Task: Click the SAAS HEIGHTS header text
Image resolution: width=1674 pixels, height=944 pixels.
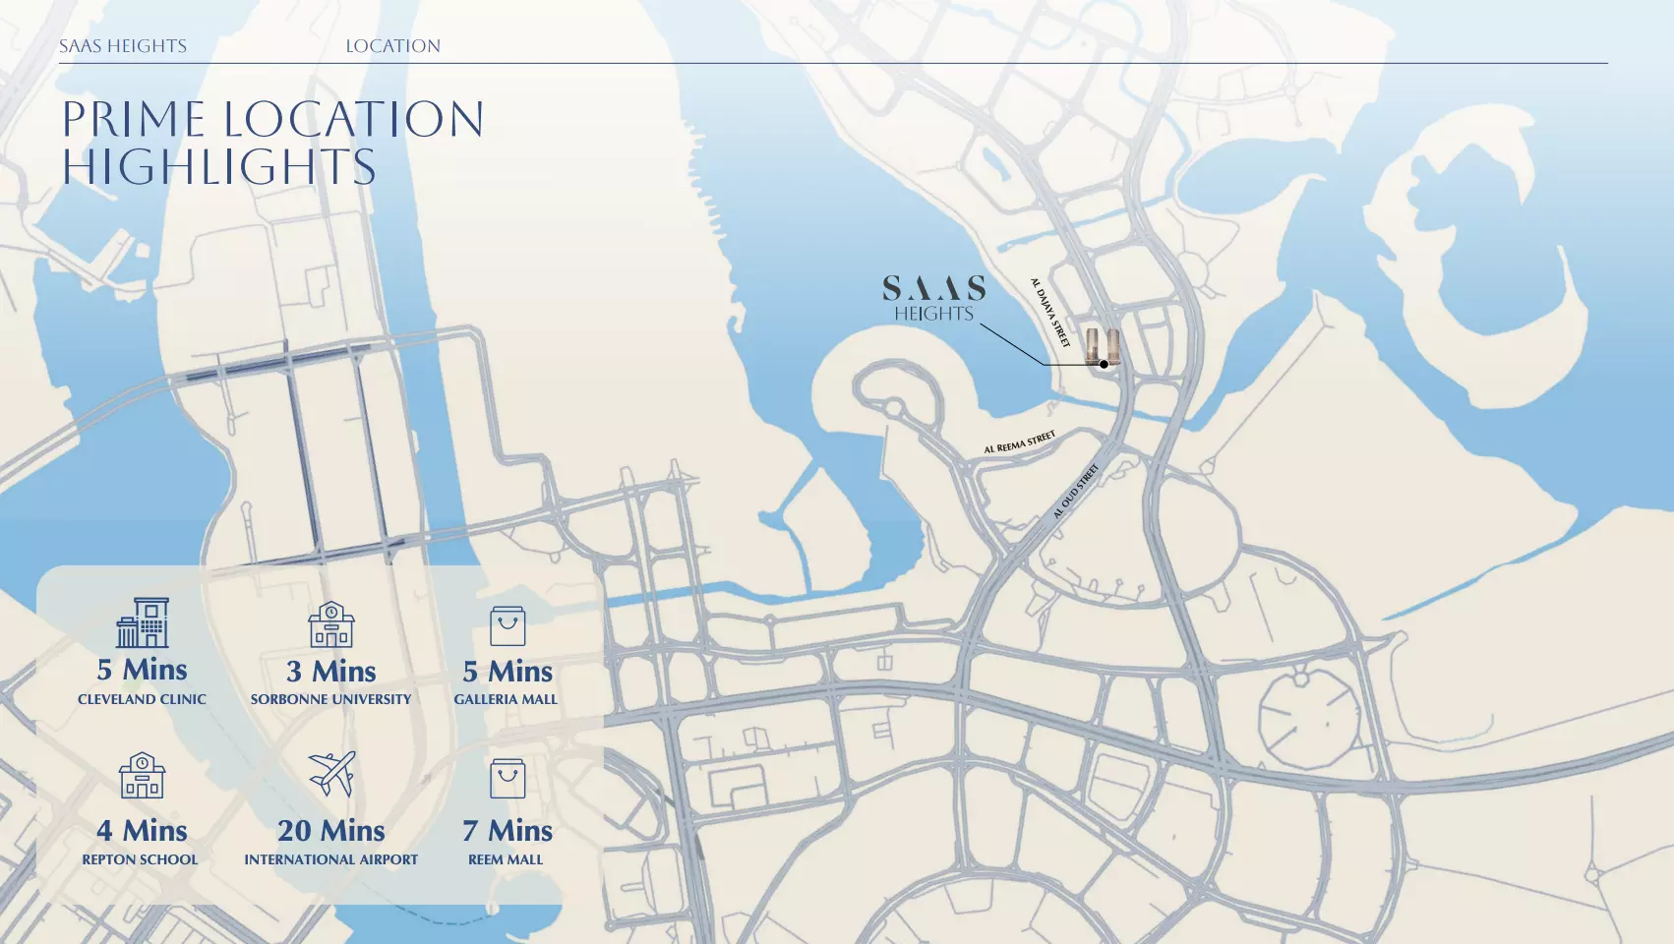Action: tap(123, 46)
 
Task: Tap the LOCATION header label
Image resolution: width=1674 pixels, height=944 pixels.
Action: tap(392, 46)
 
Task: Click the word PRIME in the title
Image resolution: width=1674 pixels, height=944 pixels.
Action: tap(134, 120)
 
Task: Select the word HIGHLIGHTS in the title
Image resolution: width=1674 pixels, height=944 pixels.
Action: tap(219, 167)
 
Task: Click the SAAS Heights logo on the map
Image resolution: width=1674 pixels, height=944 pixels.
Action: tap(933, 298)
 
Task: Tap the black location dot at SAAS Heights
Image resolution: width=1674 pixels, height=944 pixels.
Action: tap(1104, 364)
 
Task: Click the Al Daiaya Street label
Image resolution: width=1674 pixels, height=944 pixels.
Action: tap(1049, 313)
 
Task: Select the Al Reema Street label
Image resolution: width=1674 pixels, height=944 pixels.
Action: tap(1019, 442)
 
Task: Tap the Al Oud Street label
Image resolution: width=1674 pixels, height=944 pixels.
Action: tap(1075, 492)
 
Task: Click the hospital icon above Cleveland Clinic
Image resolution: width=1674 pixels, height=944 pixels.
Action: tap(143, 622)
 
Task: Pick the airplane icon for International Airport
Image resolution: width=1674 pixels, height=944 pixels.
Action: tap(331, 774)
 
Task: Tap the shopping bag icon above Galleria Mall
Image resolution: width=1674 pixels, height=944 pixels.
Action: tap(508, 625)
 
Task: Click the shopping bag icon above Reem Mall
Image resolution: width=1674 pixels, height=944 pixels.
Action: tap(508, 778)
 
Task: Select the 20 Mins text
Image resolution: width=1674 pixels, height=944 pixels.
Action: tap(331, 831)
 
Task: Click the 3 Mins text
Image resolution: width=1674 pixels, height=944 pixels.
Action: tap(331, 672)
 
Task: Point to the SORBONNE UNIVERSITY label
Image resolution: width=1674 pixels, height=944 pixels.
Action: tap(331, 699)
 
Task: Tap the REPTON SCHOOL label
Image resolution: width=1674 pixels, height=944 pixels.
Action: tap(140, 859)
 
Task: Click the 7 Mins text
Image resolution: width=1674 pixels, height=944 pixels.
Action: tap(508, 831)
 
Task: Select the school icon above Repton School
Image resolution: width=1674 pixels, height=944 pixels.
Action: tap(143, 776)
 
